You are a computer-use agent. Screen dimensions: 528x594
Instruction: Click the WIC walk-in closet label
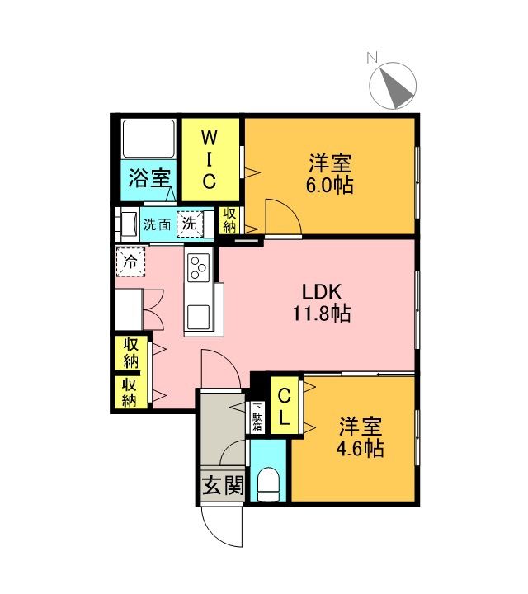209,159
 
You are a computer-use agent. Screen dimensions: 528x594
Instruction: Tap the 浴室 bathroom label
149,177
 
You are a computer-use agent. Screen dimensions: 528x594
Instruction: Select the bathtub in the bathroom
149,139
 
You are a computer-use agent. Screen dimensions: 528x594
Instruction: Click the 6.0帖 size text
329,186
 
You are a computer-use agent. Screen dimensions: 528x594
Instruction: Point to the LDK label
322,291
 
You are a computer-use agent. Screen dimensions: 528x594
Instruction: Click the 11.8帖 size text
322,313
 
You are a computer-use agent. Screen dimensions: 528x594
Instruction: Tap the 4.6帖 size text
360,448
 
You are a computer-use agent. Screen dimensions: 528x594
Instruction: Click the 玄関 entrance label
223,485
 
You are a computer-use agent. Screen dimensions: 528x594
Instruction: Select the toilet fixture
268,484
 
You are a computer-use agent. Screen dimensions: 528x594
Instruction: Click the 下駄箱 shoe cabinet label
257,417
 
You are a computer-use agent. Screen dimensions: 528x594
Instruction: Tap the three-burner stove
199,268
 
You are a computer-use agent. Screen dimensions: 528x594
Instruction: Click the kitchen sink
199,317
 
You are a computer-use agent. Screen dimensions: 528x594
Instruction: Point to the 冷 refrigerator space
130,262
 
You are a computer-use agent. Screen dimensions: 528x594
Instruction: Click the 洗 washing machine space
190,224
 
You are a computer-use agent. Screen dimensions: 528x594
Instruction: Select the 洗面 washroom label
157,224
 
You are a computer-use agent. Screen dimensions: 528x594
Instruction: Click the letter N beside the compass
372,58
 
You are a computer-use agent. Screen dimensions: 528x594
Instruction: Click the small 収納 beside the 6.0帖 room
229,220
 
